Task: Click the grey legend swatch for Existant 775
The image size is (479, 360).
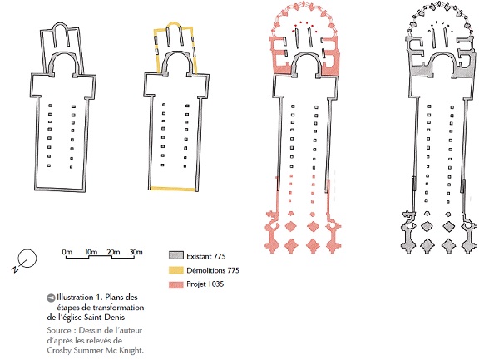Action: coord(176,255)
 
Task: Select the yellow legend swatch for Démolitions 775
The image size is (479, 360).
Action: coord(176,270)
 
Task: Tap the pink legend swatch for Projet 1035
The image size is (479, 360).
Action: coord(176,284)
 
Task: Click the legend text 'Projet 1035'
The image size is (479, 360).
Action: coord(205,284)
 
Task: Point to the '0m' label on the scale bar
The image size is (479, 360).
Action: coord(67,252)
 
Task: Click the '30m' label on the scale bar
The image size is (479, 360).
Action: coord(136,252)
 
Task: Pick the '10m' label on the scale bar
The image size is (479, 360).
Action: coord(91,252)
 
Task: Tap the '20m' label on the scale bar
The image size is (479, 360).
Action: coord(113,252)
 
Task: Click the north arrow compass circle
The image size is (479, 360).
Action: coord(27,259)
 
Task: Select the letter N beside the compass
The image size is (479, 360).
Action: coord(14,269)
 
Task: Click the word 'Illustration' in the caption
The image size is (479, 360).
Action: coord(75,297)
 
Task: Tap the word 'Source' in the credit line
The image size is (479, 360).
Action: coord(59,330)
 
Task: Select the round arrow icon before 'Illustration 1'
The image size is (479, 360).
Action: coord(51,298)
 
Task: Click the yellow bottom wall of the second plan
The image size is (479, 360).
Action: coord(173,189)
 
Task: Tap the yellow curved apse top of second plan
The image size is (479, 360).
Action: coord(174,23)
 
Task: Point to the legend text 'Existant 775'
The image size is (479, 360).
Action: coord(206,256)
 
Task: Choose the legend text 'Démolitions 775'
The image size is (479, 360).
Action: coord(213,270)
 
